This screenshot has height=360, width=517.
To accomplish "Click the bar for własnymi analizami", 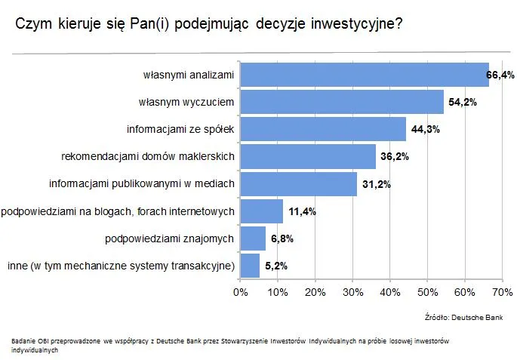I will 364,75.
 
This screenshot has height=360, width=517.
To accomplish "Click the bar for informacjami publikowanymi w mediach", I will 298,183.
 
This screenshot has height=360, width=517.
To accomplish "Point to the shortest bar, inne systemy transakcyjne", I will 249,266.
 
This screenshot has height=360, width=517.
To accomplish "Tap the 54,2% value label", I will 462,102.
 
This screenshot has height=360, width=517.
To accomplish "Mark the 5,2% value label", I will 276,266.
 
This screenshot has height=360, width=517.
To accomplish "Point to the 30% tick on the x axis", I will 352,291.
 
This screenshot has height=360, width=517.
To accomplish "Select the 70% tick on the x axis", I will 502,291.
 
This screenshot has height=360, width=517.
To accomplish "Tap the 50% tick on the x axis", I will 427,291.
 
